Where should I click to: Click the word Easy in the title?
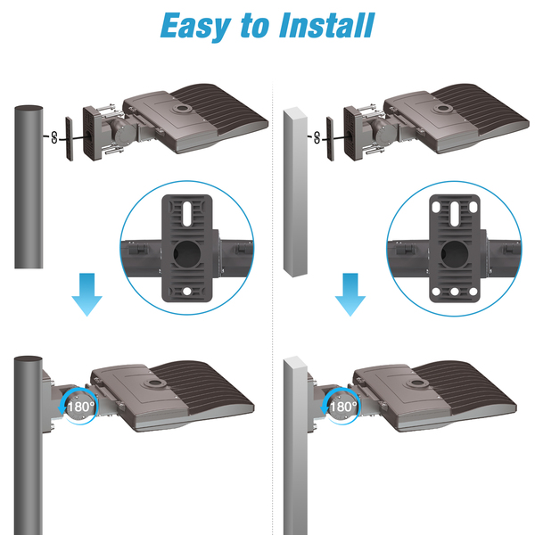[195, 27]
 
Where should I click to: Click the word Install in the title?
[327, 25]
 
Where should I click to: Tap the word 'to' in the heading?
[254, 26]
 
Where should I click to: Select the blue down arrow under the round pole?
[86, 294]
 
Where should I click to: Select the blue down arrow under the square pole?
[350, 294]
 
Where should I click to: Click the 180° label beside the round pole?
[81, 407]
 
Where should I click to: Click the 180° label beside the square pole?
[343, 407]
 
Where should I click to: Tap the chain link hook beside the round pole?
[54, 137]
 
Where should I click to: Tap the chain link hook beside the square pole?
[317, 137]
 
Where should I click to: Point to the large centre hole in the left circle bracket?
[187, 253]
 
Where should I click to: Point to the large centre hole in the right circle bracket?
[454, 253]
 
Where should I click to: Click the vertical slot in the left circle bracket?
[187, 214]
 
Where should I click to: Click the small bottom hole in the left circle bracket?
[187, 292]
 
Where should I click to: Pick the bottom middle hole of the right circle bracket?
[454, 292]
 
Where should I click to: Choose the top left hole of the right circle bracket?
[436, 207]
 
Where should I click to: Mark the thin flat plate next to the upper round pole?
[70, 139]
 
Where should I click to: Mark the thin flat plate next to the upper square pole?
[330, 138]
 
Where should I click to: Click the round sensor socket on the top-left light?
[183, 109]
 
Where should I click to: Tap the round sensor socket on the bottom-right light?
[417, 383]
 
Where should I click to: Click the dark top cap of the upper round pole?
[29, 108]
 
